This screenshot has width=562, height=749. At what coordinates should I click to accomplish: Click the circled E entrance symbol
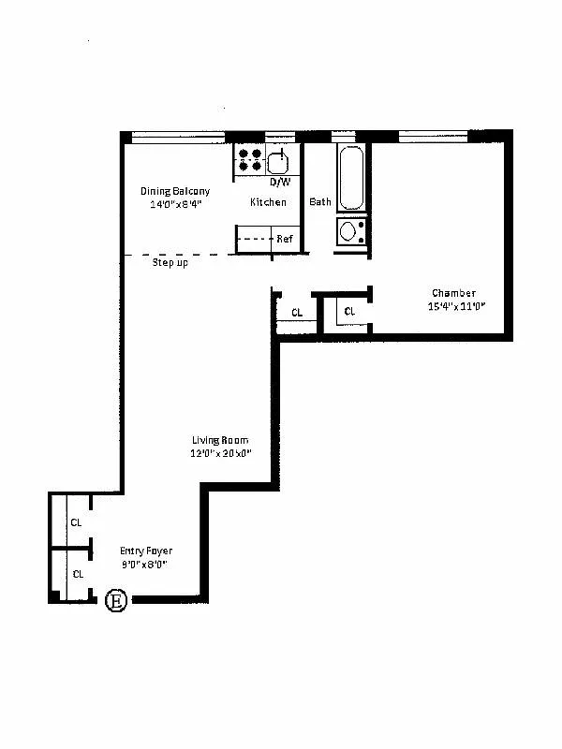coord(116,600)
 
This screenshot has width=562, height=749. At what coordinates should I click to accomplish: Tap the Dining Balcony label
coord(169,191)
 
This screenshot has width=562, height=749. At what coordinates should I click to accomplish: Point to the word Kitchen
coord(268,202)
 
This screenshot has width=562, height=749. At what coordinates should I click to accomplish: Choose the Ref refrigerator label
coord(284,239)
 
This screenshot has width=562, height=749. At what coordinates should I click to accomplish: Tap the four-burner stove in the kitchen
coord(249,159)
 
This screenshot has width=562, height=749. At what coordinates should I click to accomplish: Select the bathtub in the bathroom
coord(350,178)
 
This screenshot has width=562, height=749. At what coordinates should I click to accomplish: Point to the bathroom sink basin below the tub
coord(349,231)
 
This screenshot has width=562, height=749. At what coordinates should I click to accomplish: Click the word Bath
coord(320,202)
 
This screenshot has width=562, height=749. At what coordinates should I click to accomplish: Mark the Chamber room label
coord(453,293)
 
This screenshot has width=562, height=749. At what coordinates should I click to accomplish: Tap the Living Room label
coord(220,441)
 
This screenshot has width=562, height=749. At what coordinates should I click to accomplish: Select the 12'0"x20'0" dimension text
coord(220,454)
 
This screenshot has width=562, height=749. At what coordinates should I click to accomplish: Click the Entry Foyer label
coord(146,551)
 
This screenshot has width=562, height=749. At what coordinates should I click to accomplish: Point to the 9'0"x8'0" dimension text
coord(144,565)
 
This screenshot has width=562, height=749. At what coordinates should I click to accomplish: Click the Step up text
coord(170,263)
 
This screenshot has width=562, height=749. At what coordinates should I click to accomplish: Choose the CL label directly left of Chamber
coord(349,312)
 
